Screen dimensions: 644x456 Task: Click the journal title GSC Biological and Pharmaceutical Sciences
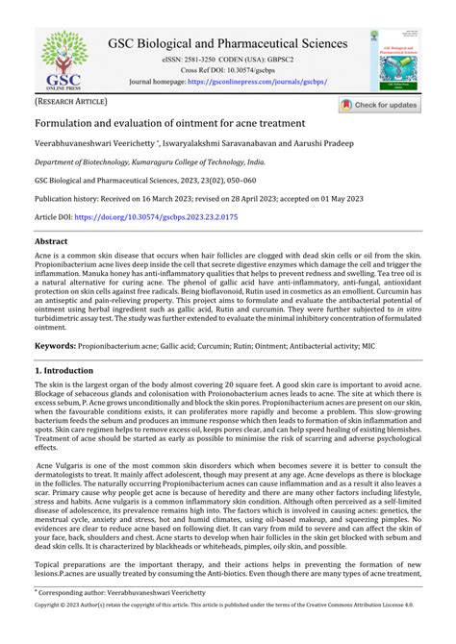pyautogui.click(x=227, y=44)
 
